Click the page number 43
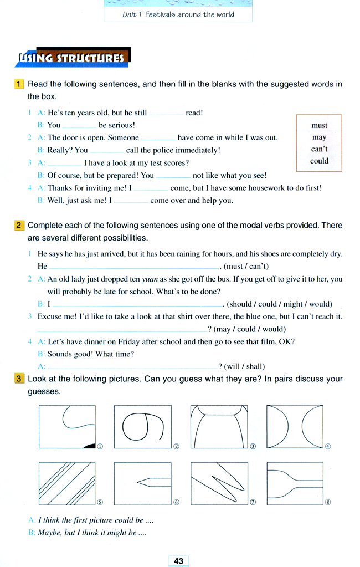(178, 561)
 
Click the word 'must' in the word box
(320, 125)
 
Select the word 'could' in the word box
(320, 161)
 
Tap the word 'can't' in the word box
(320, 149)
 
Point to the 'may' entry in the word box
(320, 137)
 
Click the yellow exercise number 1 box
(18, 84)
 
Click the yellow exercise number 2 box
(18, 226)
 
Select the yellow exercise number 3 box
(18, 379)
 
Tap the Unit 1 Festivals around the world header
(178, 14)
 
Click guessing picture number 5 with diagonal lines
(68, 482)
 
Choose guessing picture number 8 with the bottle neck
(295, 482)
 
